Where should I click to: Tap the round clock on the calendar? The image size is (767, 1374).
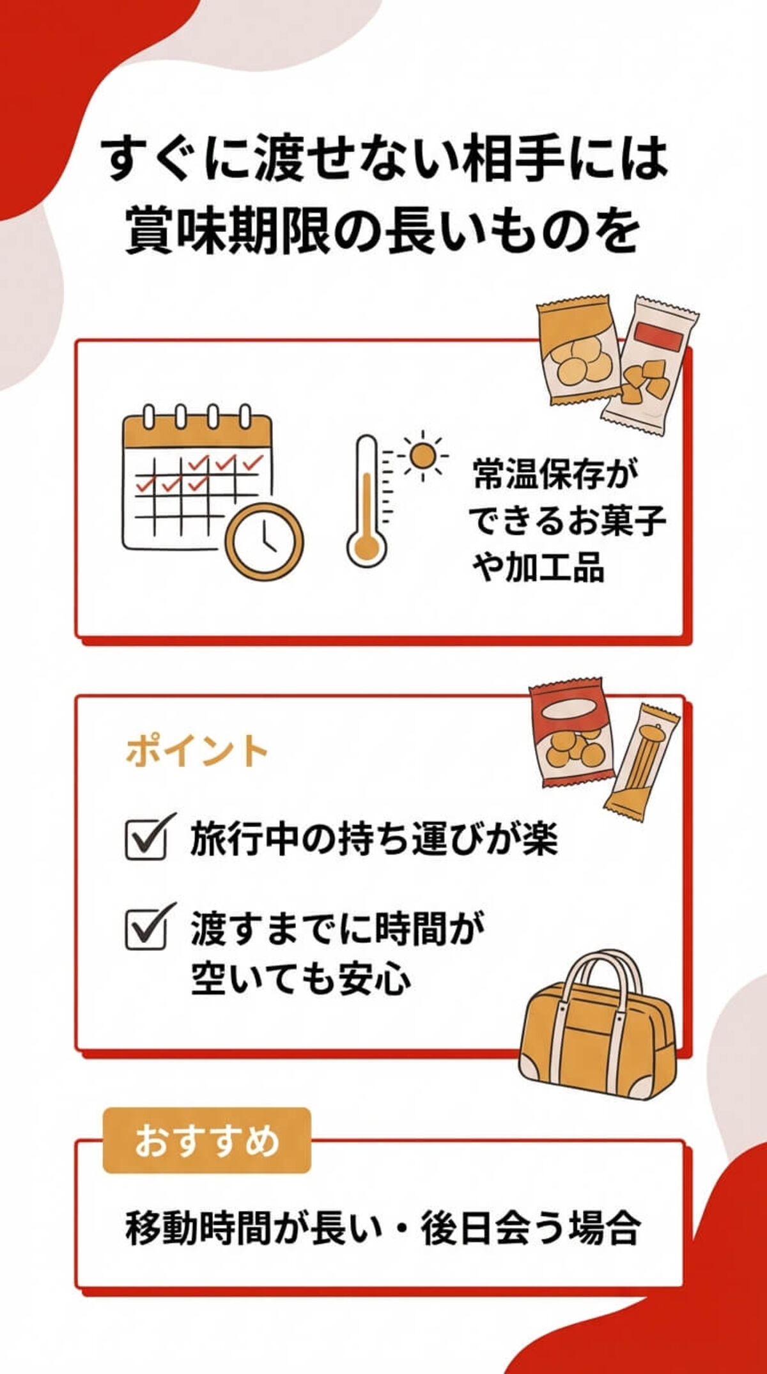pos(264,542)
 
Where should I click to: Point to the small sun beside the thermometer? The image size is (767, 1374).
pos(422,456)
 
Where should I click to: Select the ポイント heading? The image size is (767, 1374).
pos(197,751)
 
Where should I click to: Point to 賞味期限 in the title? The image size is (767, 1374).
pos(227,231)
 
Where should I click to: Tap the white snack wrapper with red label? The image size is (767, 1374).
pos(649,364)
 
